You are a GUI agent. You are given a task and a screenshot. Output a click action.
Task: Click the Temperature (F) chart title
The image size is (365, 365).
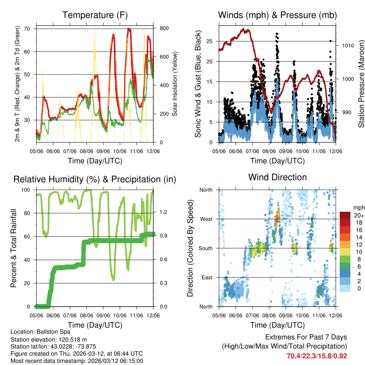tap(95, 15)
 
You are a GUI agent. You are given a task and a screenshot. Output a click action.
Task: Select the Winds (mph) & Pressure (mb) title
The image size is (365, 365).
tap(277, 15)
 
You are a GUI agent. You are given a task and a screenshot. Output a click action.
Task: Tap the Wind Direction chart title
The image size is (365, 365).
tap(277, 177)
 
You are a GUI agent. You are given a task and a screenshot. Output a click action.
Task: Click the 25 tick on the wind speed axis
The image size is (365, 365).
tap(210, 41)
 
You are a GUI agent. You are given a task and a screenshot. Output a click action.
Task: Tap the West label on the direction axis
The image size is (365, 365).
tap(206, 219)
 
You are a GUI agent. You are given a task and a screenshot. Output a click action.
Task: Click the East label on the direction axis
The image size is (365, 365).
tap(206, 277)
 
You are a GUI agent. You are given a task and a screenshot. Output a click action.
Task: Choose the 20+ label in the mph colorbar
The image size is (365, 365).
tap(358, 215)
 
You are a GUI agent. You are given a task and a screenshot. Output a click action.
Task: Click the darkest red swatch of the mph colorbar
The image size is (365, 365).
tap(345, 215)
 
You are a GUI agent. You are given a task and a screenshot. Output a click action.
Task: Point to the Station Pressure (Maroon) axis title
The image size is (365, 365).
tap(361, 84)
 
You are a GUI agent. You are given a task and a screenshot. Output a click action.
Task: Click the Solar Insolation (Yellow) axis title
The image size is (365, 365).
tap(175, 84)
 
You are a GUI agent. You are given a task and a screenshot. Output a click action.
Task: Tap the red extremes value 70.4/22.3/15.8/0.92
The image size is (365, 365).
tap(317, 356)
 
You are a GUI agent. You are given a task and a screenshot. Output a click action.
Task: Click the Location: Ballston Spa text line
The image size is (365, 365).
tap(40, 331)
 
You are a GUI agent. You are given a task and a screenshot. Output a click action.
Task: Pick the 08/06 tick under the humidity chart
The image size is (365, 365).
tap(87, 316)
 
